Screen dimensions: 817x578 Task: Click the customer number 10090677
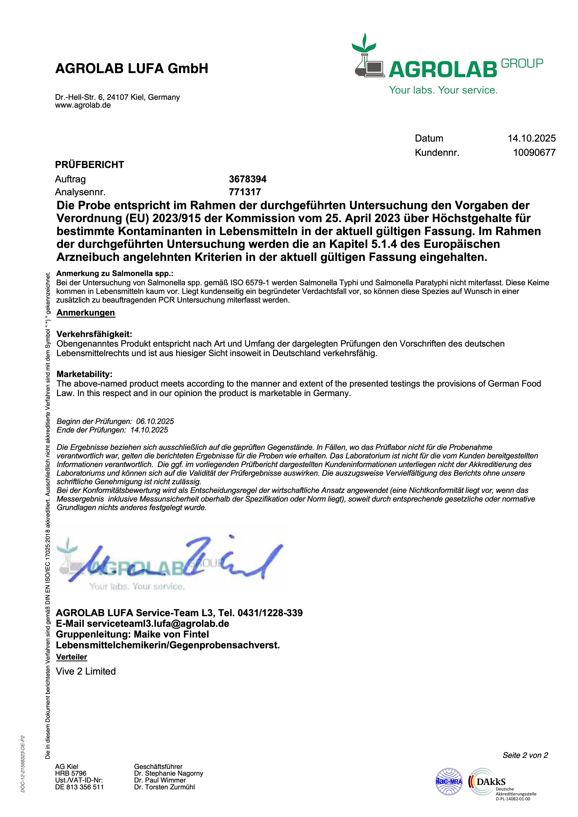pos(534,153)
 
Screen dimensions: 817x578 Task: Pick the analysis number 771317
pos(245,192)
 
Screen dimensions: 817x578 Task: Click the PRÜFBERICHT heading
pos(89,165)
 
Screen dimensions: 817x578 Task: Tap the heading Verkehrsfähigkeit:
pos(94,334)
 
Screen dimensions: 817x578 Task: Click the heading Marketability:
pos(84,374)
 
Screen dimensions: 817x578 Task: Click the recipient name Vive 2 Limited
pos(86,671)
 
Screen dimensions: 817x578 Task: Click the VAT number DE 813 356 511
pos(79,787)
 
